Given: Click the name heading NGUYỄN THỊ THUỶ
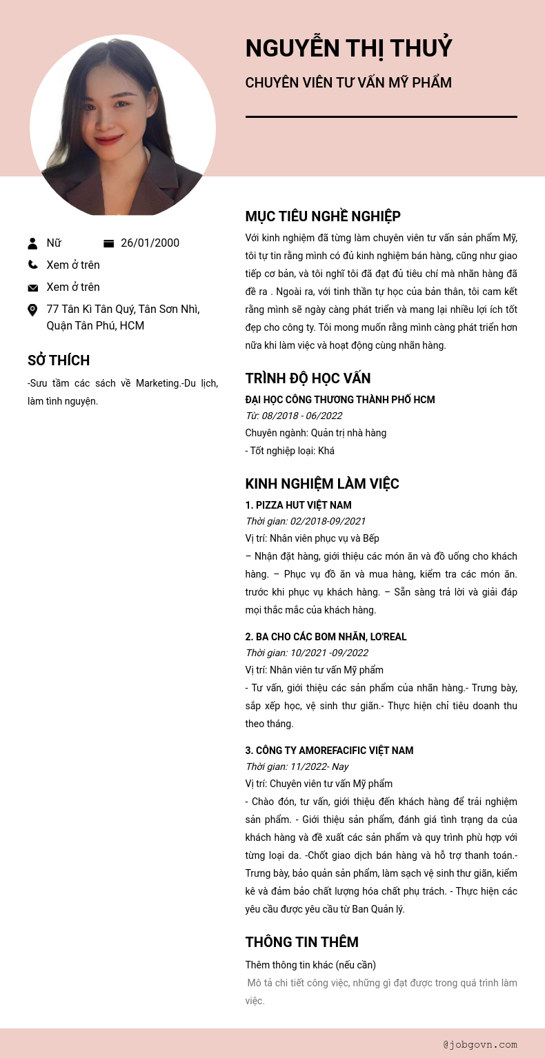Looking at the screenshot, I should click(x=348, y=48).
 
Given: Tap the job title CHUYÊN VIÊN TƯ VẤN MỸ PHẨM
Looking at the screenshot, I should click(x=348, y=83).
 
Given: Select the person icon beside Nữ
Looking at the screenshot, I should click(x=32, y=243).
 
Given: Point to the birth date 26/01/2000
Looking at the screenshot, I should click(x=150, y=243).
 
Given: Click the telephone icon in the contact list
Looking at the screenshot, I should click(x=32, y=265).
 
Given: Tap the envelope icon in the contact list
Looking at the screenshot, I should click(x=32, y=287).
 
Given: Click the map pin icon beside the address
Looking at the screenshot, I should click(x=32, y=310).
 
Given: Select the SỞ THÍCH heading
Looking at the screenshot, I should click(x=59, y=360).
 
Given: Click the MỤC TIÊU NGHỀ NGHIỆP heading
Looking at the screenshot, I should click(x=323, y=216).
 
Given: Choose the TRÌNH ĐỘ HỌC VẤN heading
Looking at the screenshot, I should click(x=308, y=378).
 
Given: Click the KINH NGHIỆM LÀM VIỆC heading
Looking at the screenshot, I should click(x=322, y=484).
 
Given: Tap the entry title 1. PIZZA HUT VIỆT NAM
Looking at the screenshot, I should click(x=298, y=505).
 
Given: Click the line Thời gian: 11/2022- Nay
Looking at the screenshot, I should click(x=297, y=766).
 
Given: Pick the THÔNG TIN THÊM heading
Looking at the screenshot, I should click(x=301, y=942).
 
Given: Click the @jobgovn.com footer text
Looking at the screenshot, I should click(x=480, y=1044).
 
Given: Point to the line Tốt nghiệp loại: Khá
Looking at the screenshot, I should click(x=290, y=451).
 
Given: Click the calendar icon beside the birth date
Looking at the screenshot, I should click(x=108, y=243).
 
